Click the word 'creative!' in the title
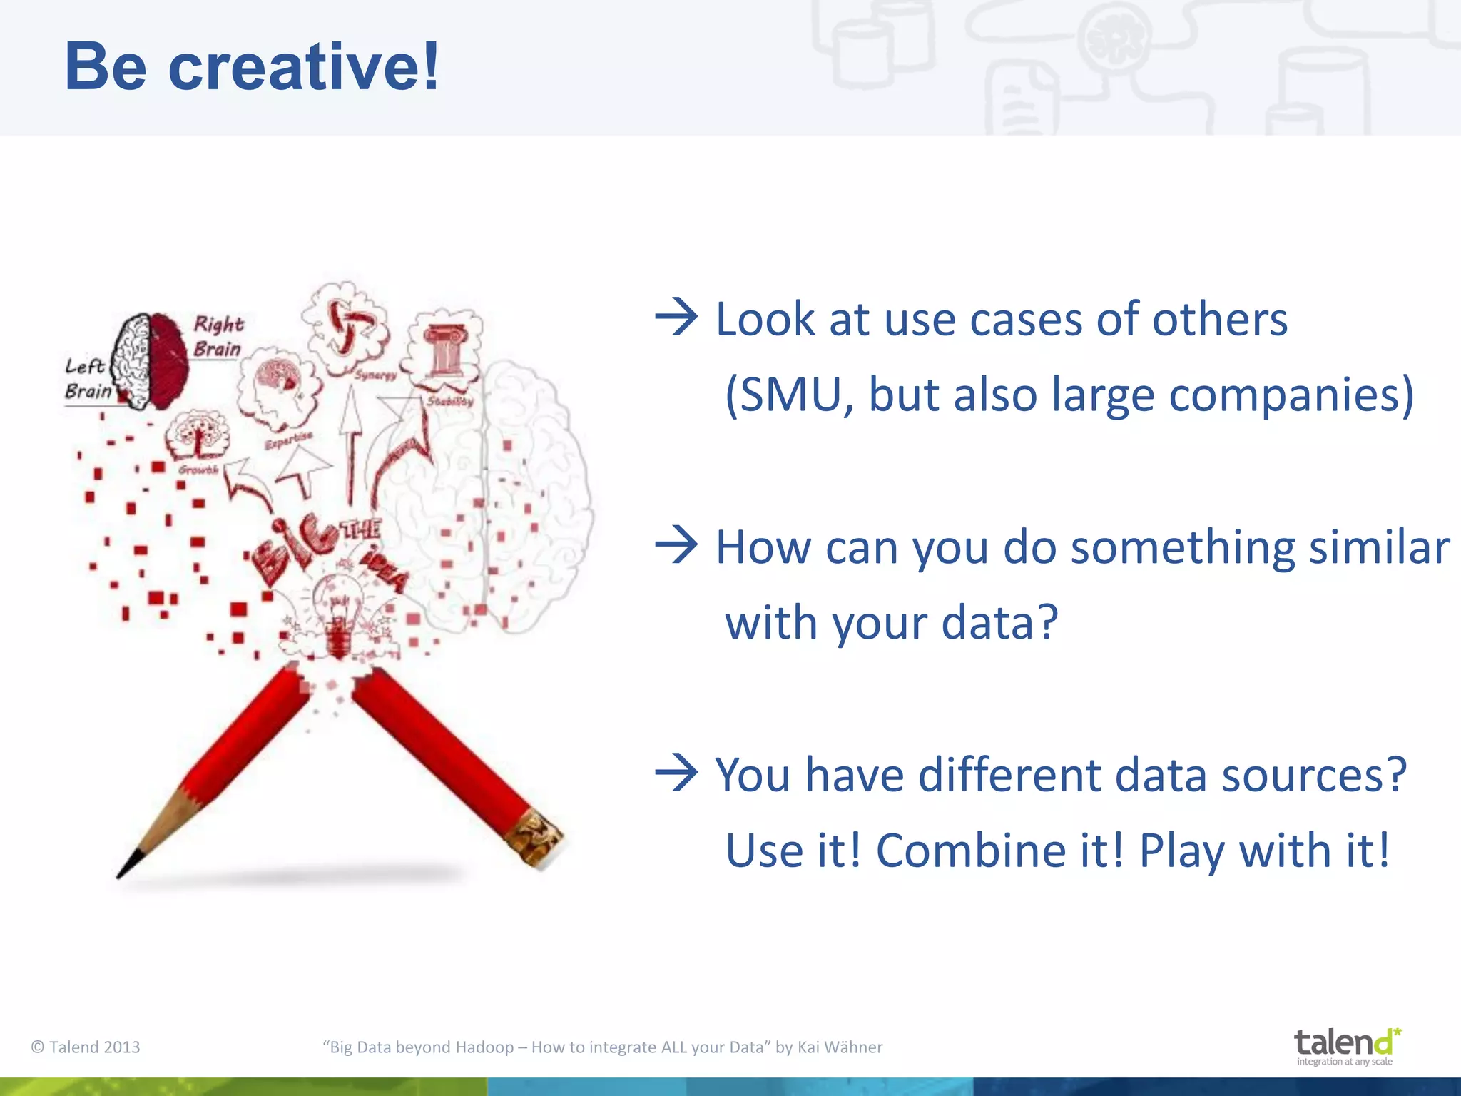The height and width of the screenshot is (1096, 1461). [x=303, y=68]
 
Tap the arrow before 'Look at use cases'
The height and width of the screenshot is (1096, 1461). [x=676, y=318]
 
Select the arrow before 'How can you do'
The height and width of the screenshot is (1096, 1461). [x=676, y=547]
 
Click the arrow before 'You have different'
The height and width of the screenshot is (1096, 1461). [x=676, y=774]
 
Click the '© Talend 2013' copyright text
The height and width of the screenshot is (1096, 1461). [x=86, y=1047]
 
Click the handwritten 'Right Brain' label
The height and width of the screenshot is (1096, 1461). [x=218, y=336]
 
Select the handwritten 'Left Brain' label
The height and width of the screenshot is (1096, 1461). [x=87, y=378]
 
